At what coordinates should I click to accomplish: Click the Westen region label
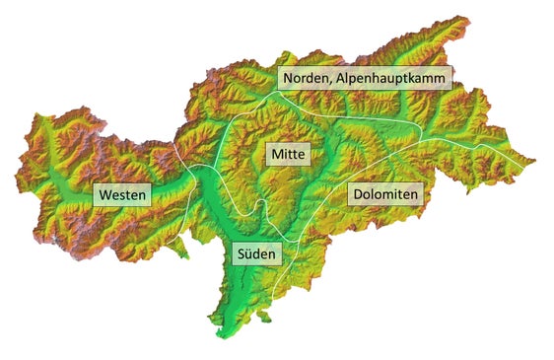pyautogui.click(x=122, y=195)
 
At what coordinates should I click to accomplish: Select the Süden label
pyautogui.click(x=256, y=253)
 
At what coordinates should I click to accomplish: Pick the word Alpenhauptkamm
pyautogui.click(x=394, y=77)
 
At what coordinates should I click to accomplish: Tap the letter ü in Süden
pyautogui.click(x=248, y=253)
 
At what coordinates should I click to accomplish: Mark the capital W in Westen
pyautogui.click(x=104, y=195)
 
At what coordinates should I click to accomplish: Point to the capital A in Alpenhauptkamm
pyautogui.click(x=344, y=77)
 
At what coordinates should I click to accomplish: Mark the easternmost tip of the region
pyautogui.click(x=535, y=159)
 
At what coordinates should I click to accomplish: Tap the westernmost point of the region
pyautogui.click(x=16, y=179)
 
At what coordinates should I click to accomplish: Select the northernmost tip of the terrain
pyautogui.click(x=459, y=17)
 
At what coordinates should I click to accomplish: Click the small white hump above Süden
pyautogui.click(x=259, y=204)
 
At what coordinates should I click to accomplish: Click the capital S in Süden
pyautogui.click(x=240, y=253)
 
